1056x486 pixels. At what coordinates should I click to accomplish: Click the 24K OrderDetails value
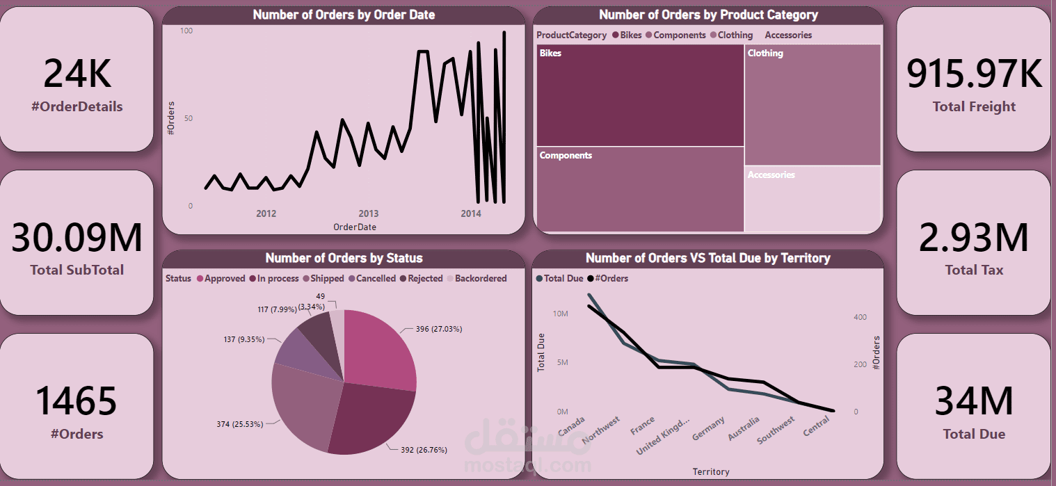point(77,74)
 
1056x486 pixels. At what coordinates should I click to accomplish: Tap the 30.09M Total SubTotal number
point(77,237)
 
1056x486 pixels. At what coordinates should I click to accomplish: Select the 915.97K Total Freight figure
point(974,74)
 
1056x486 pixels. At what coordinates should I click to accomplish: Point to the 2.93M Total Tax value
point(974,237)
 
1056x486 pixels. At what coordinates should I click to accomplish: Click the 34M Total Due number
point(974,401)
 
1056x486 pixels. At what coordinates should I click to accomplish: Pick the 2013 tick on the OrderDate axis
point(368,213)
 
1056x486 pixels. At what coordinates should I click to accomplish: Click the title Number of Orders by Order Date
point(344,15)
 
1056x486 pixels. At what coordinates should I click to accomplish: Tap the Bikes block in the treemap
point(640,95)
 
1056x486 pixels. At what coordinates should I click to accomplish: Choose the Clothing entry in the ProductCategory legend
point(735,35)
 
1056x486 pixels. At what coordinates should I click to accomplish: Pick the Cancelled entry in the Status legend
point(376,278)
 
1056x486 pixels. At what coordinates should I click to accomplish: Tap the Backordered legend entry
point(480,278)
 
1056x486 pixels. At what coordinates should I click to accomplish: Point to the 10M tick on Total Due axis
point(560,314)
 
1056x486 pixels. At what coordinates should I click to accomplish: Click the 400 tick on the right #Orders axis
point(860,317)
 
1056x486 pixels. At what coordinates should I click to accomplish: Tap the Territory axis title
point(711,471)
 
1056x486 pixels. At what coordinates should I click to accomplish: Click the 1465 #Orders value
point(77,401)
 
